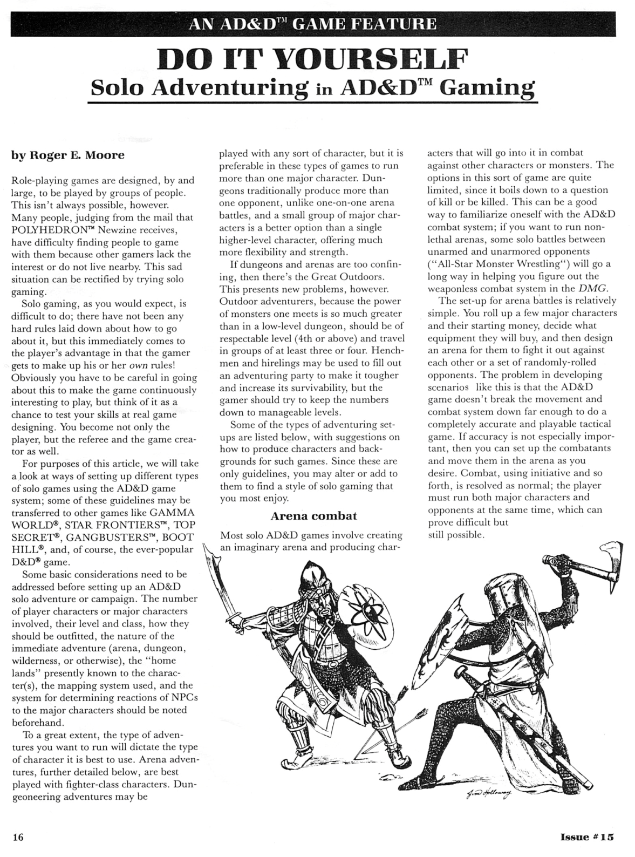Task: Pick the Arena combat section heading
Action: (313, 516)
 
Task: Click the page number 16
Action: (18, 837)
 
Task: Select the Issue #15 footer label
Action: (587, 837)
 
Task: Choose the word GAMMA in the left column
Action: (172, 513)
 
